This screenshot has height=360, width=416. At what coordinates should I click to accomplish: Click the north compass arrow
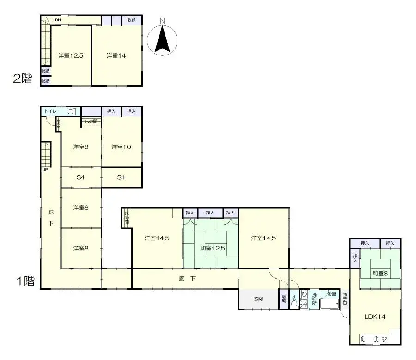(162, 40)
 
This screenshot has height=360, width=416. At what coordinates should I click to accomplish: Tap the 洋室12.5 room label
(70, 55)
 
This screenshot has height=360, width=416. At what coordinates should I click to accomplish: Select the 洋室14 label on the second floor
(116, 55)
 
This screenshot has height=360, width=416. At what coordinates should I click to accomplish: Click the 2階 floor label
(23, 78)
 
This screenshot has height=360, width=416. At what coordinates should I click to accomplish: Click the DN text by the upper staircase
(58, 20)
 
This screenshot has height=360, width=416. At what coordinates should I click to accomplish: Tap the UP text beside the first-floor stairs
(45, 170)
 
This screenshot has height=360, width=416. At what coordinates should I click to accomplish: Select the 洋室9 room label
(81, 147)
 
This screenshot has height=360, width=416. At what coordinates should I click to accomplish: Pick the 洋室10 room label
(121, 147)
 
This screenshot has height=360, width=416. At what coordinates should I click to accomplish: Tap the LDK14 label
(375, 317)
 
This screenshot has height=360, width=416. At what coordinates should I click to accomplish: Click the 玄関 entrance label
(258, 299)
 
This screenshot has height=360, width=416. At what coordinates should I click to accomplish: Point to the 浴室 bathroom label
(331, 293)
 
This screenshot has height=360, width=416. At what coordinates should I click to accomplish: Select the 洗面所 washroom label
(314, 299)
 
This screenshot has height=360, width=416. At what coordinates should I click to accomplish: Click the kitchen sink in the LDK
(370, 340)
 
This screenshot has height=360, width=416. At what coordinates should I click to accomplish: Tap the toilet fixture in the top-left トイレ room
(71, 111)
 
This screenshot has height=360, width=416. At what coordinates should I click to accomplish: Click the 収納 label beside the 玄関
(284, 299)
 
